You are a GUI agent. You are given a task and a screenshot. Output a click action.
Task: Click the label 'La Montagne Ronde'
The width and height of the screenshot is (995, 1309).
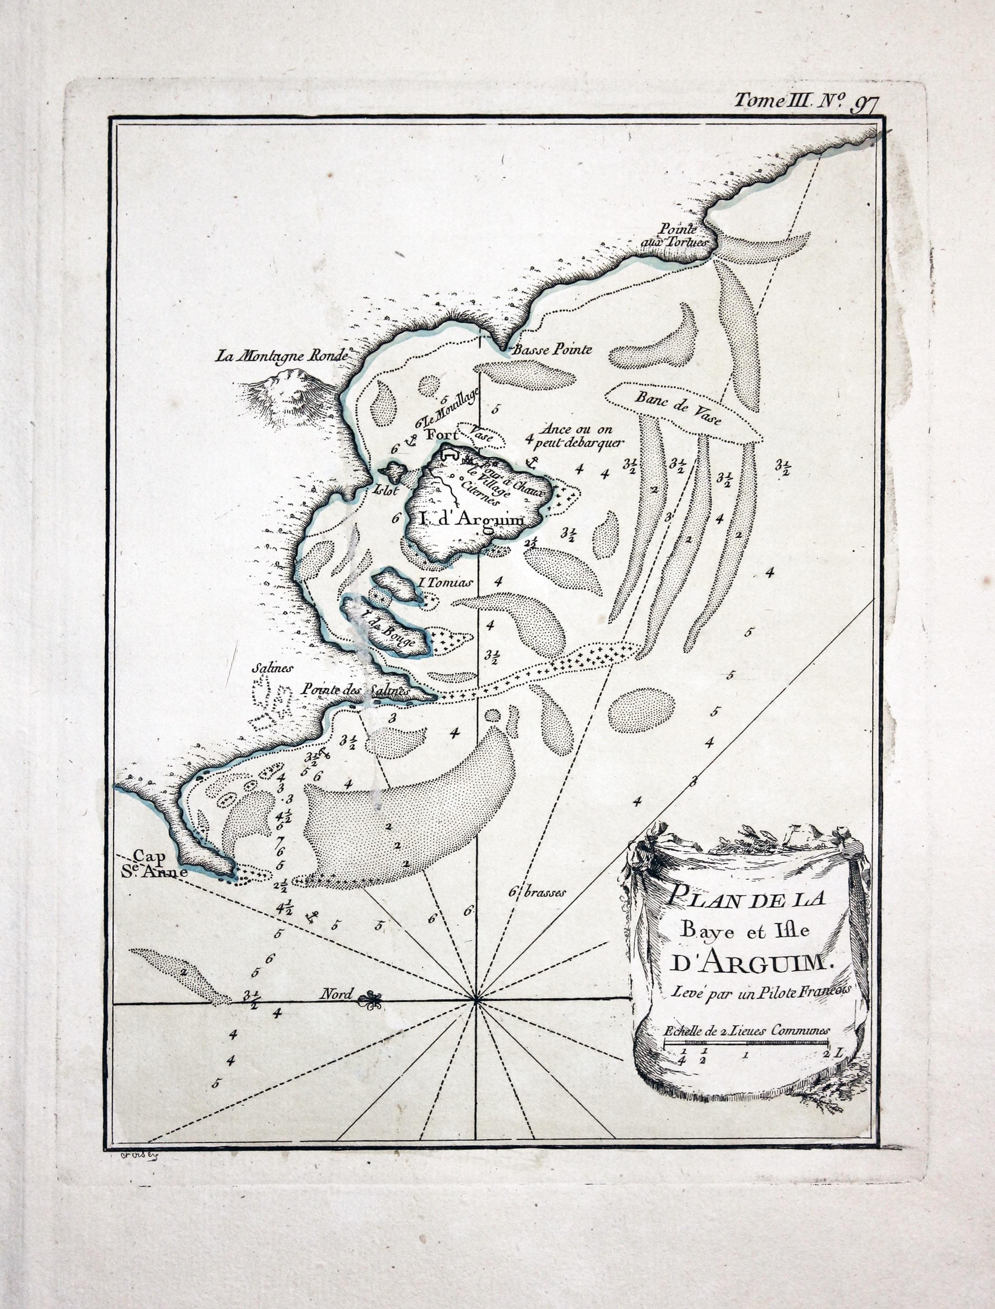pos(281,356)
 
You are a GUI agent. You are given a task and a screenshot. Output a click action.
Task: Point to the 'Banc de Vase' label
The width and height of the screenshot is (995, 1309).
pos(678,409)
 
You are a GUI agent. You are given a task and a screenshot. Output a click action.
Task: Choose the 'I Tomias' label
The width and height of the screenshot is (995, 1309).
pos(445,582)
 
